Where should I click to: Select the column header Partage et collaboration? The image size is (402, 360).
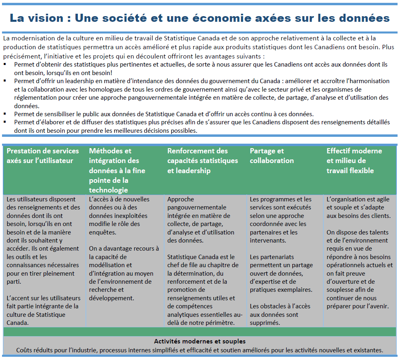click(x=272, y=156)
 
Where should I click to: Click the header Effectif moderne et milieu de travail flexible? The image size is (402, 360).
click(x=354, y=161)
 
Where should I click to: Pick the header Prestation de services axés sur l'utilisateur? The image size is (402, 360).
click(x=43, y=156)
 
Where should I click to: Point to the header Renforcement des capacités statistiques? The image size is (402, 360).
click(x=203, y=161)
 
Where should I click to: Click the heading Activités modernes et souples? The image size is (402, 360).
click(x=200, y=341)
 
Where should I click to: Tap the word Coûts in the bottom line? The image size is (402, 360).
click(x=25, y=350)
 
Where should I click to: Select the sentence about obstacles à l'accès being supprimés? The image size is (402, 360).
click(x=274, y=314)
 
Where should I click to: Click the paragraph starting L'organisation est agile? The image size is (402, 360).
click(x=358, y=207)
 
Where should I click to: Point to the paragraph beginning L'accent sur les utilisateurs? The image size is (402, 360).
click(x=43, y=310)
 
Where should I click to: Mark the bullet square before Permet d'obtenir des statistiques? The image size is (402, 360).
click(x=5, y=64)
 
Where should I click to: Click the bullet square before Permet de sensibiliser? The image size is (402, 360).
click(x=5, y=114)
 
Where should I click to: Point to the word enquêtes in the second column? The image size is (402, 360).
click(x=102, y=232)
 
